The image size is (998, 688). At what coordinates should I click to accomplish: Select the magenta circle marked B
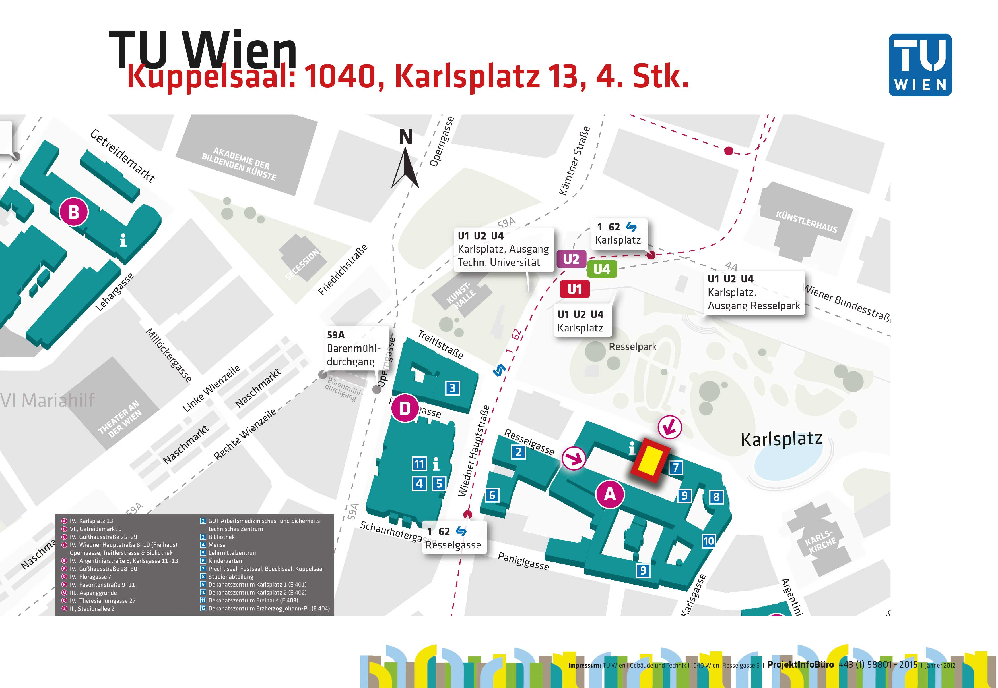point(74,212)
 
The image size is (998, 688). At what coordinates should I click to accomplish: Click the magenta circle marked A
point(610,494)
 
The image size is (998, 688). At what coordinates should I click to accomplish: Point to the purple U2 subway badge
point(571,259)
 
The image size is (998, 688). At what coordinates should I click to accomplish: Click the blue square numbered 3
point(452,388)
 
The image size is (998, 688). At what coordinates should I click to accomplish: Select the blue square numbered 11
point(419,464)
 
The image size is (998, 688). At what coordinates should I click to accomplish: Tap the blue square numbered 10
point(708,541)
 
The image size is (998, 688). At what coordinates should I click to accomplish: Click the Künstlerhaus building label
point(806,222)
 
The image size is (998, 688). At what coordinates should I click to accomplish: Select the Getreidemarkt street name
point(123,156)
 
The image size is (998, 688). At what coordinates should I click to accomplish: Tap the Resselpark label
point(632,347)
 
